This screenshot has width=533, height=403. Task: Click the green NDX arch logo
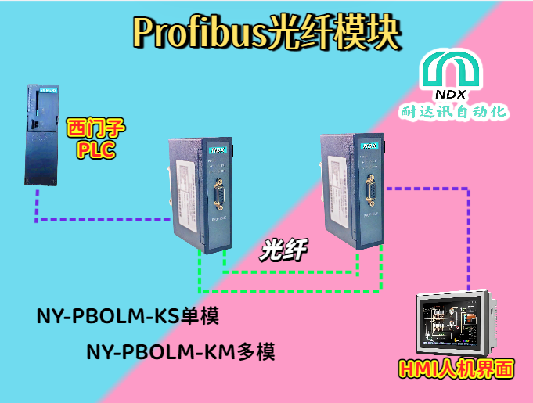[x=456, y=69]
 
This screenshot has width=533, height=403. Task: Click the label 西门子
[x=96, y=128]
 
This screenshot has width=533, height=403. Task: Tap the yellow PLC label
[x=96, y=149]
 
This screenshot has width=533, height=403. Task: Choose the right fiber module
[x=351, y=188]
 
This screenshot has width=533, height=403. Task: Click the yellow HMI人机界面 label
[x=456, y=369]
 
